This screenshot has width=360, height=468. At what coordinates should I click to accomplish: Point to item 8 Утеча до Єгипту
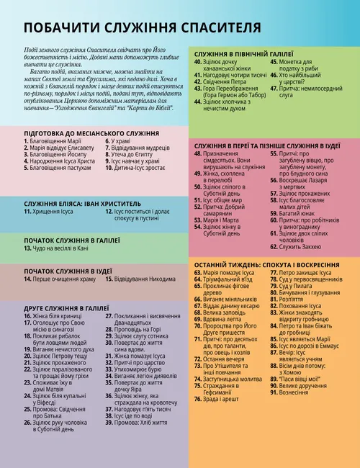point(132,175)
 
